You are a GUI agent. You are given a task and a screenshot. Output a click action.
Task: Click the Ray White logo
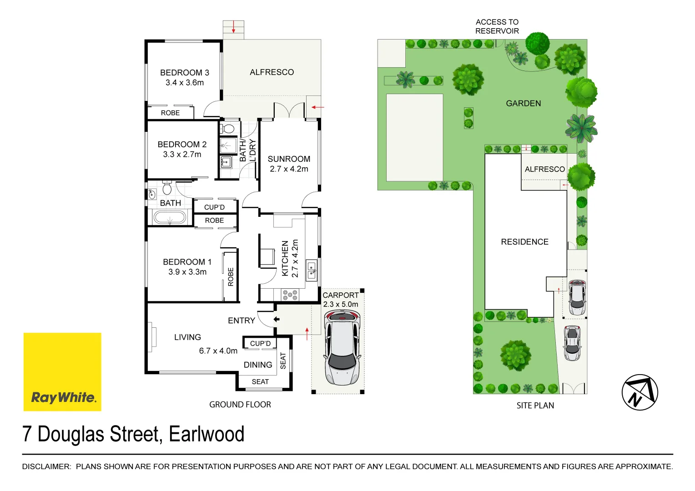62,372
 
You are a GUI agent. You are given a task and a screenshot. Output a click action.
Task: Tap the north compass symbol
640,392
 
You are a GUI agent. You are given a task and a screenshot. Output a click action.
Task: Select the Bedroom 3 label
184,73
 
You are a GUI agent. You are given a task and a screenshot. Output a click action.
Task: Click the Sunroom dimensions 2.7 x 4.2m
289,169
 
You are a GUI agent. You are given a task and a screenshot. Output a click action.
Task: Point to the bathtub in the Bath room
170,218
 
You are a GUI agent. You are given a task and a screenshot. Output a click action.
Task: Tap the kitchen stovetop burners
290,295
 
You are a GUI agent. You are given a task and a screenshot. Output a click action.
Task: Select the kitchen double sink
312,270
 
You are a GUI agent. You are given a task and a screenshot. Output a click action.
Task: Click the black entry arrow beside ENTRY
276,319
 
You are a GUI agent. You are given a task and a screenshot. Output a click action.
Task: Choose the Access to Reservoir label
497,26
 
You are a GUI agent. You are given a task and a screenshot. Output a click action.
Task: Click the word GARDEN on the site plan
523,104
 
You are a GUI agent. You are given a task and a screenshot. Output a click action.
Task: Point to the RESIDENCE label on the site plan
524,242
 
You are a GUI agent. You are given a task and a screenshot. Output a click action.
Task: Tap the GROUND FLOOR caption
240,405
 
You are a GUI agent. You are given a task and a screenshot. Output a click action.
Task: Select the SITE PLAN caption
535,406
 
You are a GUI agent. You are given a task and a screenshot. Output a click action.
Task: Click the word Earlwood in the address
206,434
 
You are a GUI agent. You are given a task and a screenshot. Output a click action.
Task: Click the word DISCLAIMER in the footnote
46,466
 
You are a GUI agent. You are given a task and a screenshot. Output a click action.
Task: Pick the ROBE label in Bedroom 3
170,113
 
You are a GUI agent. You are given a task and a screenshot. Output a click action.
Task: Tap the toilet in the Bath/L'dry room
228,128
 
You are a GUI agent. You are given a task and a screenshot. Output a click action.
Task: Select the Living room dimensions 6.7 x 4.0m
218,351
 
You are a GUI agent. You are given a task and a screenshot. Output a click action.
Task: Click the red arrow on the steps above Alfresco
233,27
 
